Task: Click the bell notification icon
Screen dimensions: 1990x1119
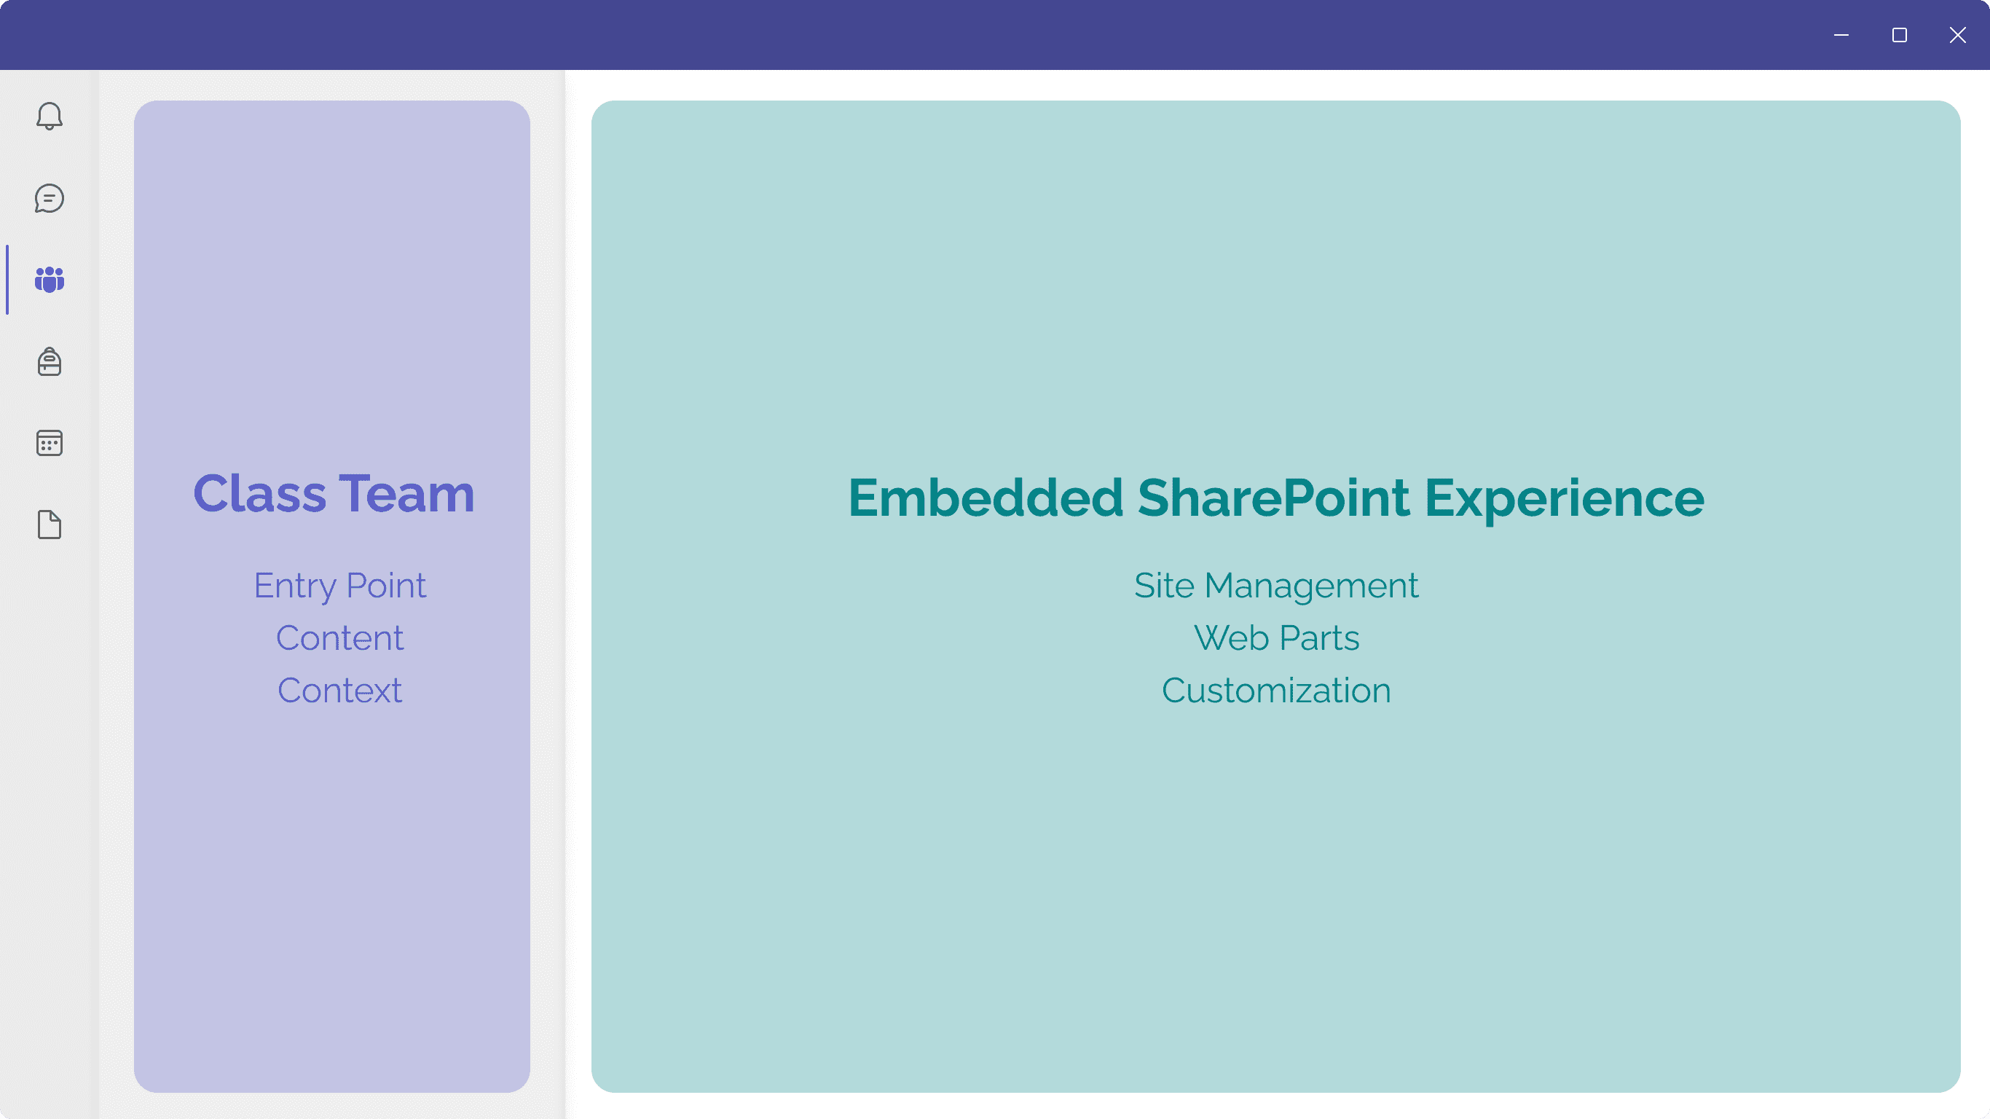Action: click(x=50, y=116)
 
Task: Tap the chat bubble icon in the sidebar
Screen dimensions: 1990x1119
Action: click(x=50, y=198)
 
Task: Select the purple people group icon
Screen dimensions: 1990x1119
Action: click(x=50, y=280)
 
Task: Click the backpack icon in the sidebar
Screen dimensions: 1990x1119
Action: click(x=50, y=361)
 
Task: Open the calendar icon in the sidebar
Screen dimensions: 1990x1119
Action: click(x=50, y=443)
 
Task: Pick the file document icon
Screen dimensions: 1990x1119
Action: click(x=50, y=525)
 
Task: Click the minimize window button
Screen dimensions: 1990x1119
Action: click(x=1841, y=35)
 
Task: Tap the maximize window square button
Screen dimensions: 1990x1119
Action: click(x=1900, y=35)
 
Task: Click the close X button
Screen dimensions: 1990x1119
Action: click(x=1957, y=35)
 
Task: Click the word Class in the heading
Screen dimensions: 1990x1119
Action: click(x=259, y=493)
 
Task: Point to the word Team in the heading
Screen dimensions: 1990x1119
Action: click(x=406, y=493)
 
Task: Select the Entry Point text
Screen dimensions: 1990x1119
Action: click(x=340, y=586)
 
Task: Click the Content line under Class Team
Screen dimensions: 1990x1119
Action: click(x=340, y=638)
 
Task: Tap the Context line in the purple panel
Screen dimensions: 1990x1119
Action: click(x=340, y=691)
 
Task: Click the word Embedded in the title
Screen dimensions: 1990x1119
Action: click(x=986, y=497)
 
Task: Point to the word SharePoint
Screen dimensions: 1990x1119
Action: click(x=1273, y=497)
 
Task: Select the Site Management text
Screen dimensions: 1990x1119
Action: click(x=1276, y=586)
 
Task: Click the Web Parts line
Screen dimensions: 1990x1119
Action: click(x=1276, y=638)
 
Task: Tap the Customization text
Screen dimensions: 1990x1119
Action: click(x=1276, y=691)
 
